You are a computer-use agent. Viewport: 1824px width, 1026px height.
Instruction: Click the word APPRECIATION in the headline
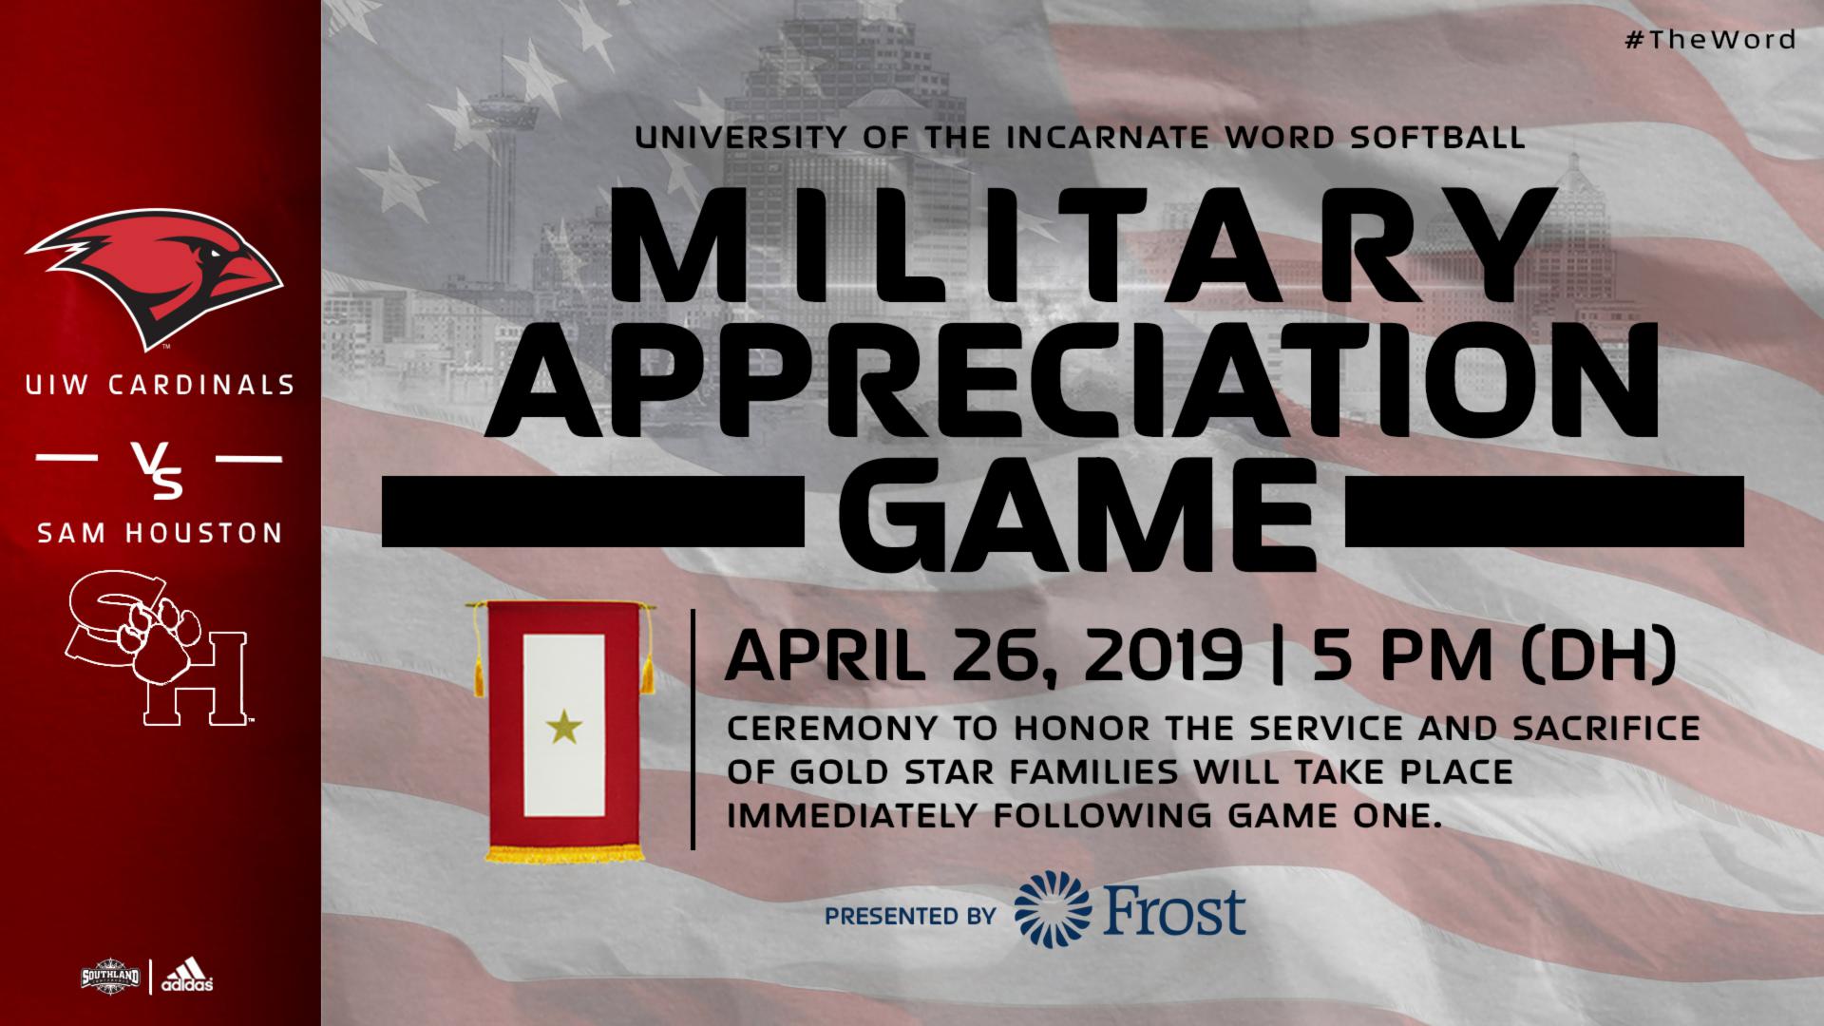[x=1091, y=379]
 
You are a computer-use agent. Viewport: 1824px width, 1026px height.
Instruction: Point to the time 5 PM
[x=1393, y=657]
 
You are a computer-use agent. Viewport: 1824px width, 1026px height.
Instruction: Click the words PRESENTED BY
[x=910, y=917]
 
